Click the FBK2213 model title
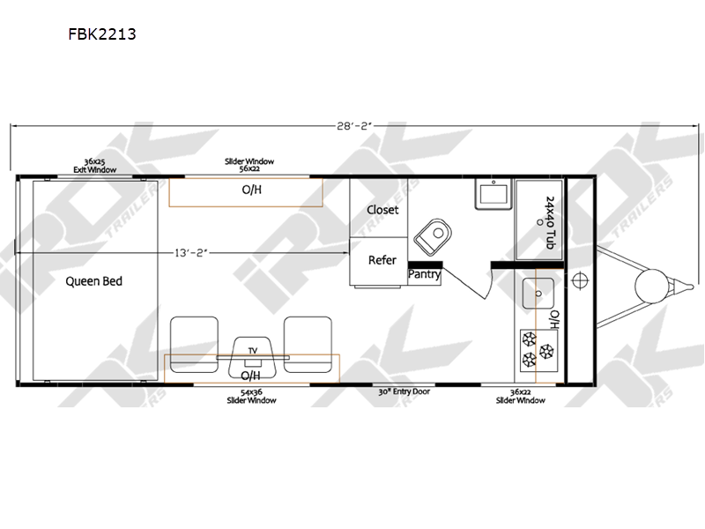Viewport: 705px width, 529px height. coord(102,34)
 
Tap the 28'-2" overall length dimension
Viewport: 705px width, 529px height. coord(355,126)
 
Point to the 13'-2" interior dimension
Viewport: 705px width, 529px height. coord(191,253)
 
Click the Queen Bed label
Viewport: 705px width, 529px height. coord(94,281)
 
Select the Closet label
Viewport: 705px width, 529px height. coord(382,210)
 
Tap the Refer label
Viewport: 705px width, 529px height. coord(382,260)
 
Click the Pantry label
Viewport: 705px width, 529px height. coord(424,274)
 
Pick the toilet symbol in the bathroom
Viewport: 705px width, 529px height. coord(433,237)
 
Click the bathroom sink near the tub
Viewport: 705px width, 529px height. coord(493,194)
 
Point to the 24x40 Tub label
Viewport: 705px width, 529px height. coord(550,223)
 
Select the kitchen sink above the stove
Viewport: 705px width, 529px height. coord(538,294)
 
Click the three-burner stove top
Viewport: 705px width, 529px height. coord(538,350)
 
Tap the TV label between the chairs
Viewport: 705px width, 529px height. coord(253,350)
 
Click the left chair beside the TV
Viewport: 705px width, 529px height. coord(194,345)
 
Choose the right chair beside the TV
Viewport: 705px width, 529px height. coord(308,345)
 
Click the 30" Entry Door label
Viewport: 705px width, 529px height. coord(404,391)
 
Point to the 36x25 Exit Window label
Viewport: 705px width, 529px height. coord(95,166)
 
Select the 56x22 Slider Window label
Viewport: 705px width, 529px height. coord(249,165)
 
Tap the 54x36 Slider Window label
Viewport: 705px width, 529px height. coord(251,396)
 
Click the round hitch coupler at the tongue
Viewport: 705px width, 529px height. coord(651,286)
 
